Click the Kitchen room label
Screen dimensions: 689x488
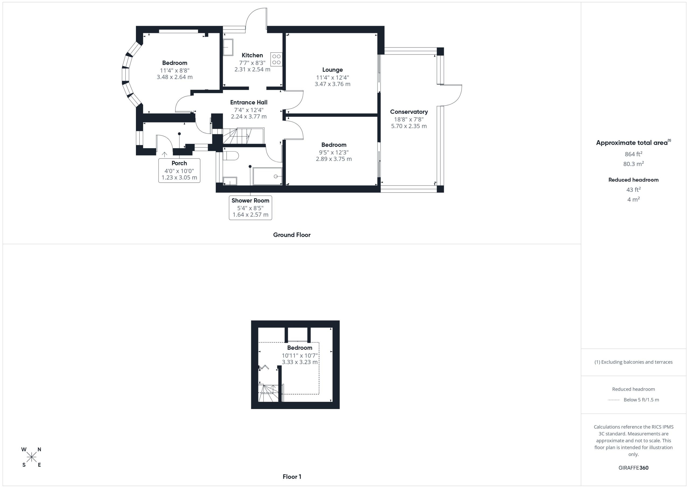pyautogui.click(x=252, y=55)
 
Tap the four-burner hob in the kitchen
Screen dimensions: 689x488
pyautogui.click(x=276, y=59)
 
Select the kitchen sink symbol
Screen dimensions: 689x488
pyautogui.click(x=228, y=47)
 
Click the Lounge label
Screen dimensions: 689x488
pyautogui.click(x=332, y=70)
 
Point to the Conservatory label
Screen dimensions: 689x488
pyautogui.click(x=409, y=112)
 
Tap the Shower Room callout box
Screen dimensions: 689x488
pyautogui.click(x=250, y=208)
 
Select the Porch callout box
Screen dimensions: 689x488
pyautogui.click(x=179, y=170)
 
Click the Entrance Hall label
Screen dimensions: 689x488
pyautogui.click(x=249, y=102)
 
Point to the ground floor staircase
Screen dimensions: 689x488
pyautogui.click(x=243, y=136)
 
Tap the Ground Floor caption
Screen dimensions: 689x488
pyautogui.click(x=292, y=235)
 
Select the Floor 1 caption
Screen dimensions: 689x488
pyautogui.click(x=292, y=477)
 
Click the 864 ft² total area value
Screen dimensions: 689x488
pyautogui.click(x=634, y=154)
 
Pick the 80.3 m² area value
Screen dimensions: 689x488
pyautogui.click(x=634, y=164)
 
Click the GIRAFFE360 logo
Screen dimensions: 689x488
pyautogui.click(x=634, y=468)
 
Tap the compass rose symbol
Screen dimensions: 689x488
pyautogui.click(x=31, y=457)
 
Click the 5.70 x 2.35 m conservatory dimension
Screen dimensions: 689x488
pyautogui.click(x=409, y=126)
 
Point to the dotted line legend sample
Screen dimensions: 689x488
pyautogui.click(x=614, y=400)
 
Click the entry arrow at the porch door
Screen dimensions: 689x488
pyautogui.click(x=164, y=154)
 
